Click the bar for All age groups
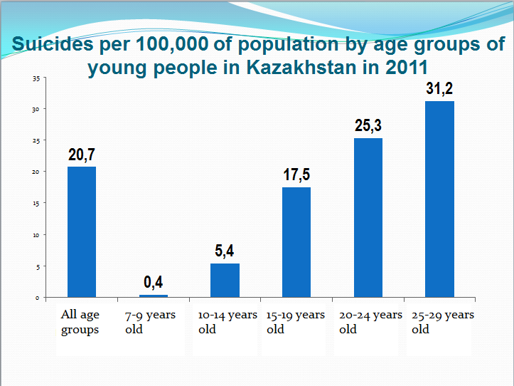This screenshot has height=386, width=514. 82,231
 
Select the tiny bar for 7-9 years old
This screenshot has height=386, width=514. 154,296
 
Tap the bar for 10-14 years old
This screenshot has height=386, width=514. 225,280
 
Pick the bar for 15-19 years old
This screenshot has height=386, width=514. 296,242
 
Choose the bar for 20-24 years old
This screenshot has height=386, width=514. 368,217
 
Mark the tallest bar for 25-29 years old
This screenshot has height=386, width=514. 439,199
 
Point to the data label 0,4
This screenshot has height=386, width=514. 154,282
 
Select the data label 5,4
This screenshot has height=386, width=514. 225,251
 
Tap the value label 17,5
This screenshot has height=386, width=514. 296,175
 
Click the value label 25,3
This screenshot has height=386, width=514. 368,126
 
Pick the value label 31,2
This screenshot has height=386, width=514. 439,89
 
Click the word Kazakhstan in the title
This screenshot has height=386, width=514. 295,68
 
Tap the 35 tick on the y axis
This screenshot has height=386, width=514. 36,78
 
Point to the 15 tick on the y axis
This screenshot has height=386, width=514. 36,203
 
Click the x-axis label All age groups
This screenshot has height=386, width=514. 80,322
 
